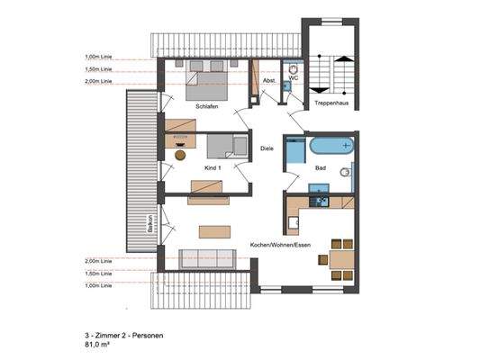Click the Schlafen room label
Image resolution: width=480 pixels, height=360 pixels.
[x=207, y=107]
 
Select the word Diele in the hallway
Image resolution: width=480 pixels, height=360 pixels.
[x=267, y=148]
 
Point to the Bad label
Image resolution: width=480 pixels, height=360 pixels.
[x=320, y=167]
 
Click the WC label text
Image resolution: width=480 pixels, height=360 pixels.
[x=294, y=78]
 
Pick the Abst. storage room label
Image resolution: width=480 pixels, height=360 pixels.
[x=268, y=81]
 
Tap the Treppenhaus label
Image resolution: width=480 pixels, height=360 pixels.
[x=331, y=103]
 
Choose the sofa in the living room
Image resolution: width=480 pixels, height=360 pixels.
[x=208, y=258]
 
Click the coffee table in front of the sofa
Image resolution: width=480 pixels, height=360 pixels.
[x=214, y=230]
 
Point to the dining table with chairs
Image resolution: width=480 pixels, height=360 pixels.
[x=341, y=259]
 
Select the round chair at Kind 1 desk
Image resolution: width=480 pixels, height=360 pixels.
[x=180, y=155]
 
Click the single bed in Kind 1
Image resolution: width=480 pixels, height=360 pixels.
[x=226, y=146]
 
